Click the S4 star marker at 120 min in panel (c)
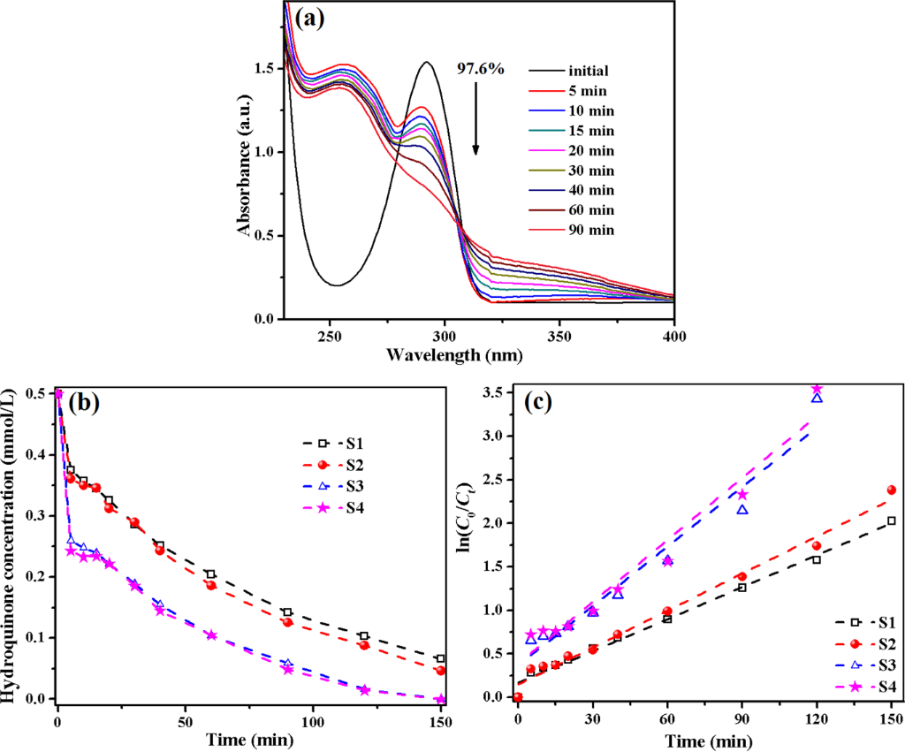(817, 389)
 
